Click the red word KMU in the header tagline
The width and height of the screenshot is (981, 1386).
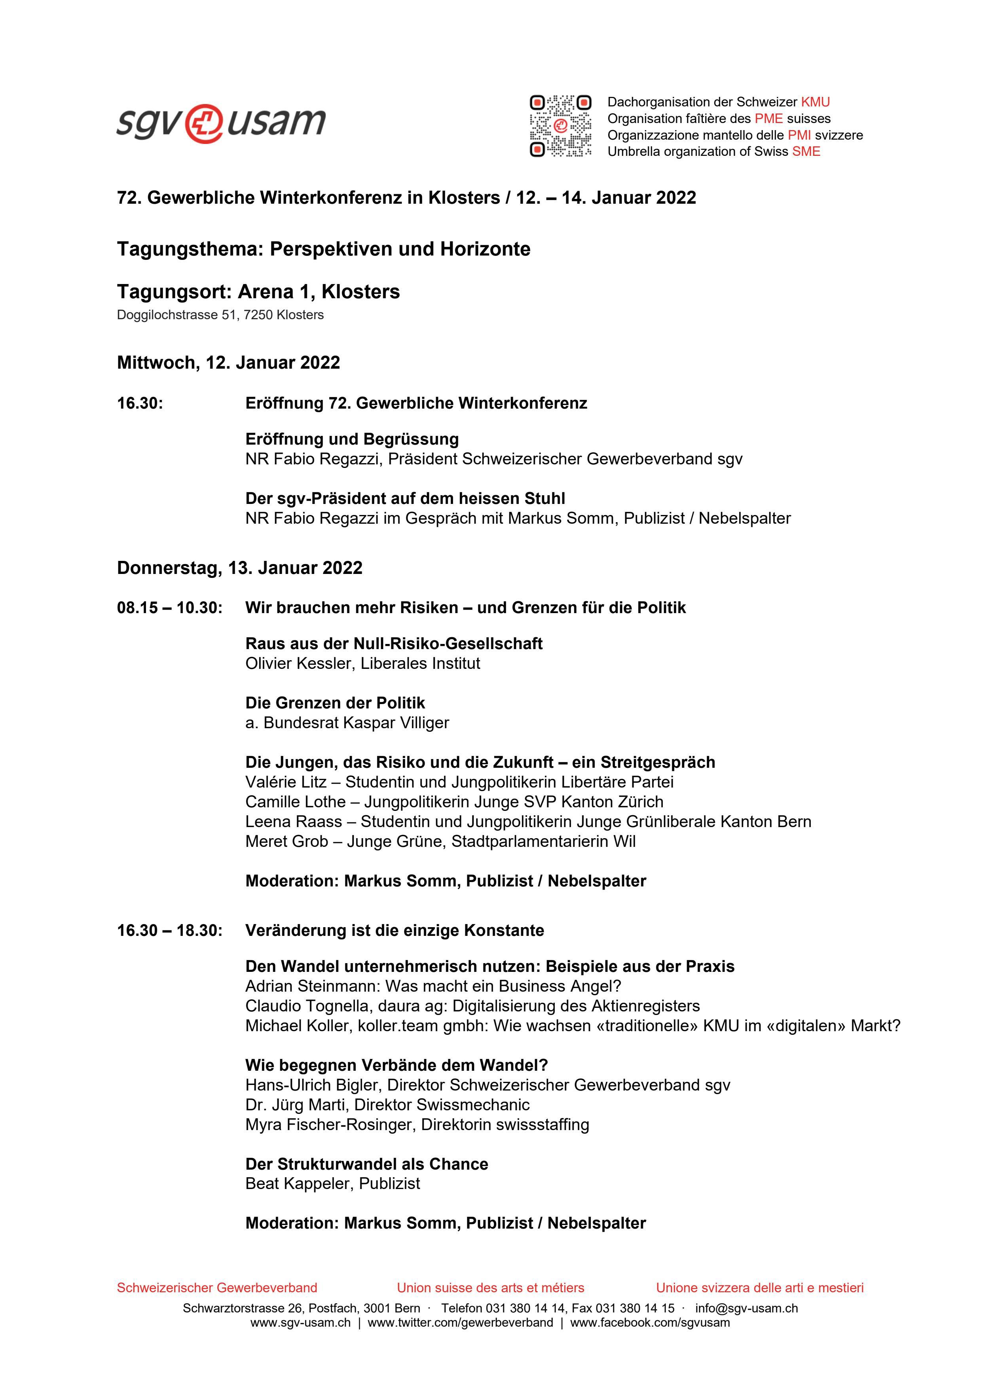pos(816,102)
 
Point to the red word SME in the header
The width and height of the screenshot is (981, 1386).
pos(806,151)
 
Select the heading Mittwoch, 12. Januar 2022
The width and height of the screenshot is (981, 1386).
pos(228,363)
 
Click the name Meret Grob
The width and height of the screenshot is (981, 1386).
pos(287,841)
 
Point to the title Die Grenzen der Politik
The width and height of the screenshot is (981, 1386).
pos(335,702)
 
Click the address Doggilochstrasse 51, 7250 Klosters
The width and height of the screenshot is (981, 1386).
pos(220,315)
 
